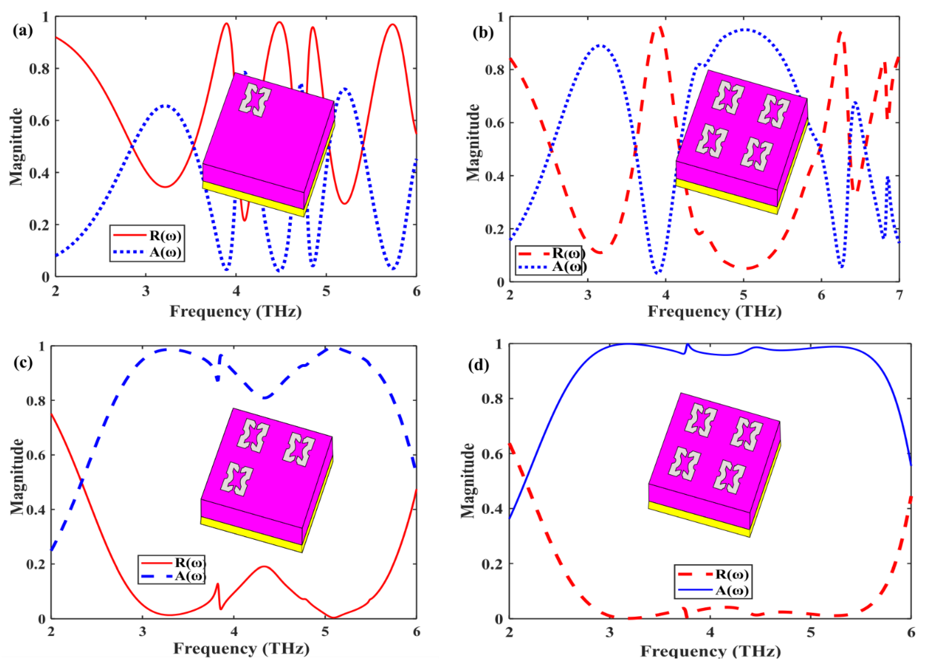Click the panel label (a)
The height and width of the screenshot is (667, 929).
point(23,31)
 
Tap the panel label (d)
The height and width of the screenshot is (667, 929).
point(478,364)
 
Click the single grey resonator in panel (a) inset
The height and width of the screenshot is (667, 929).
point(255,100)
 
